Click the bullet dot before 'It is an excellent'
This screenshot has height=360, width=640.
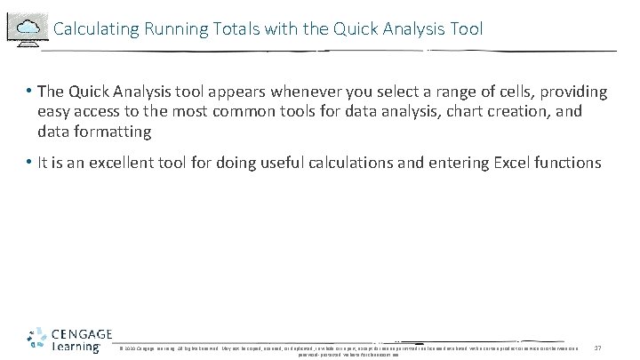click(x=29, y=162)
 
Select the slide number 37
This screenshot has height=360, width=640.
click(x=597, y=347)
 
